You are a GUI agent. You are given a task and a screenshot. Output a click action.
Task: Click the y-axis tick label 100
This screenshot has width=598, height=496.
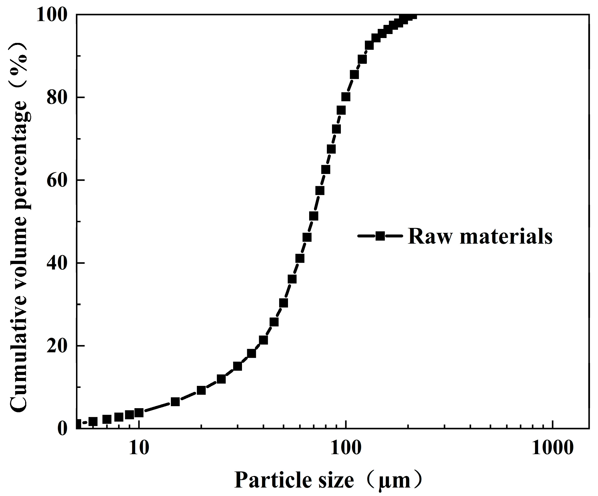coord(51,15)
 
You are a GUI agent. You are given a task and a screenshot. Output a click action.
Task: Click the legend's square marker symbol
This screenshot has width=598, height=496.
coord(380,236)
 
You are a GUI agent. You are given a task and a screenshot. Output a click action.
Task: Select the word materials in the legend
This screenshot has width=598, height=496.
coord(506,237)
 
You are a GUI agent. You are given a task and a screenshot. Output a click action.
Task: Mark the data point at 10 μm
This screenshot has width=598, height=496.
coord(139,413)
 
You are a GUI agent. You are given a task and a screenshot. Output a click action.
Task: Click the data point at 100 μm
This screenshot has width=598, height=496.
coord(346,97)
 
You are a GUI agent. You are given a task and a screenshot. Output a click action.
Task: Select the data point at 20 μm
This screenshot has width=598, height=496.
coord(201,390)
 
